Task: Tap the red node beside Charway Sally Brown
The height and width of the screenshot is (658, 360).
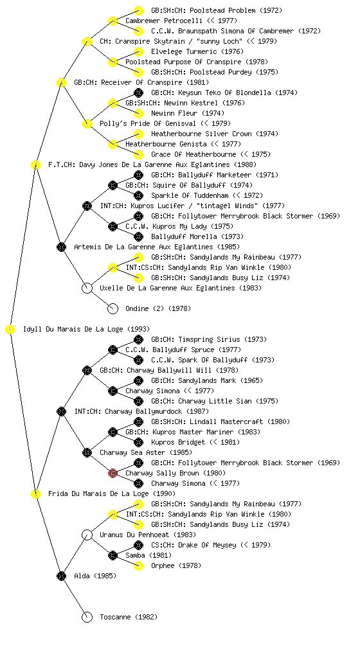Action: pos(113,474)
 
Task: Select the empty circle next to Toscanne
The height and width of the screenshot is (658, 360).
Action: pos(87,618)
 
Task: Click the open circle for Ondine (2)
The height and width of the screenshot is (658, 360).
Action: pos(113,309)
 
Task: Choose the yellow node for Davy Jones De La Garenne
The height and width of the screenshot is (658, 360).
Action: pos(35,165)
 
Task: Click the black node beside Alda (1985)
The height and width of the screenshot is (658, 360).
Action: pos(61,576)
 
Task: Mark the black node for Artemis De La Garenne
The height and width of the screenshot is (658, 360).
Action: pos(61,247)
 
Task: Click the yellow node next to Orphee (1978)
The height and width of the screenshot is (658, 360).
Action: pos(138,566)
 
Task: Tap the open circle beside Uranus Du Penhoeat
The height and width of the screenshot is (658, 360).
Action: pos(87,535)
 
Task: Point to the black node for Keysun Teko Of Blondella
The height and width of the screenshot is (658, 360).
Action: pos(138,93)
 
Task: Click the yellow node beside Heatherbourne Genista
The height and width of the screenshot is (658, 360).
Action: pos(113,145)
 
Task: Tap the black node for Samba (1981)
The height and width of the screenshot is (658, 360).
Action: pos(113,556)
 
